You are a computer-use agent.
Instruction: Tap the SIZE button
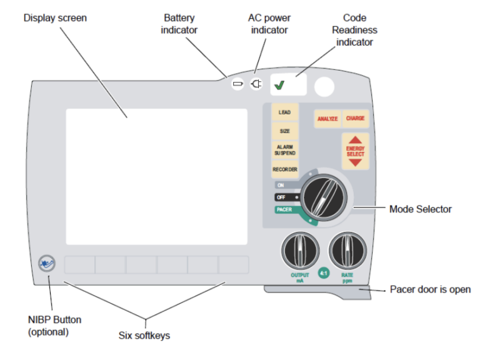284,131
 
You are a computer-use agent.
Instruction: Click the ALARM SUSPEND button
284,150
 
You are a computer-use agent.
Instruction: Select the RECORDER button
284,169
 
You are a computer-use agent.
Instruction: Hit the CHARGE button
355,118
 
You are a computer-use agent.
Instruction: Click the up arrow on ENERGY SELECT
355,140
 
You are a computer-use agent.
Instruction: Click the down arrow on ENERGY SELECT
355,162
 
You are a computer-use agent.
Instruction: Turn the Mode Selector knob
322,197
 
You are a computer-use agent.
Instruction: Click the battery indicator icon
237,83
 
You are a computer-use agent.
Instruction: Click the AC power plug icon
256,83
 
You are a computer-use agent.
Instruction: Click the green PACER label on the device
284,210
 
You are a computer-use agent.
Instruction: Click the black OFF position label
283,197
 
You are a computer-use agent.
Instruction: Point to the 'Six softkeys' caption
144,336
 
